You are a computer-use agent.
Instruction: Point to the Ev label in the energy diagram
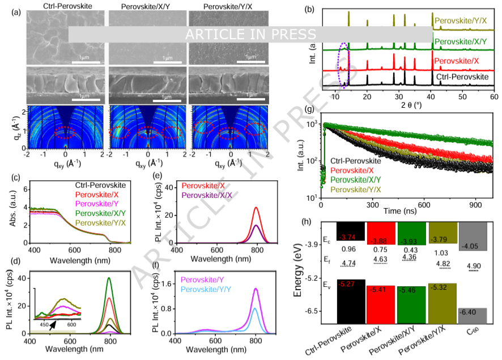(326, 285)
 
